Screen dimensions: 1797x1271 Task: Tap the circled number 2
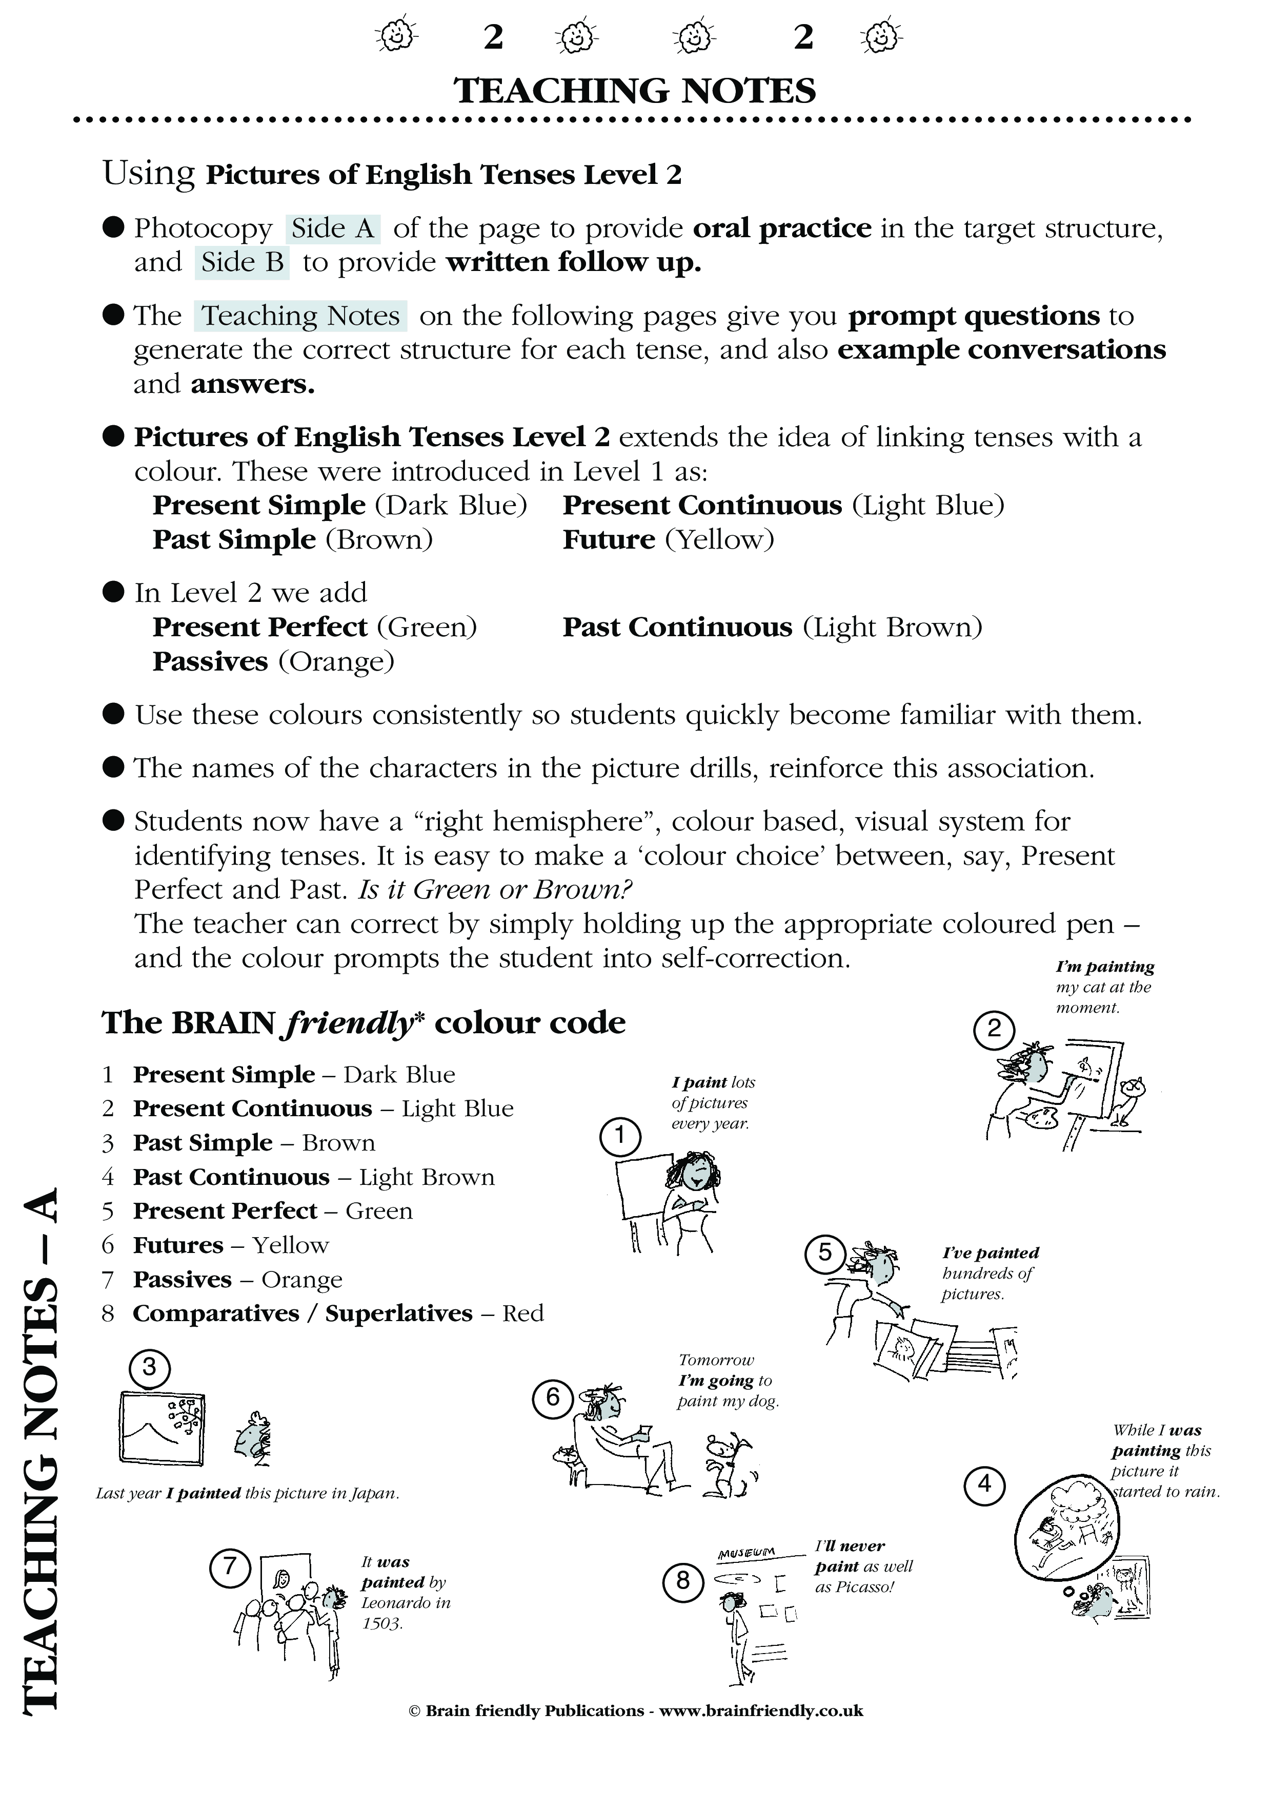tap(994, 1029)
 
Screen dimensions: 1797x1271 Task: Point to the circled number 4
tap(984, 1484)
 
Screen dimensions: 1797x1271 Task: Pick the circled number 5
tap(824, 1253)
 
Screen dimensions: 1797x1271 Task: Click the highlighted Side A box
tap(333, 228)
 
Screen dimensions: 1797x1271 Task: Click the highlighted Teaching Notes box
tap(301, 316)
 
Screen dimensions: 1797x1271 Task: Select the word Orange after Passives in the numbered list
tap(301, 1280)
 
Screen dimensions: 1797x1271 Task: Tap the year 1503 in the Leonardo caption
tap(381, 1624)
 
